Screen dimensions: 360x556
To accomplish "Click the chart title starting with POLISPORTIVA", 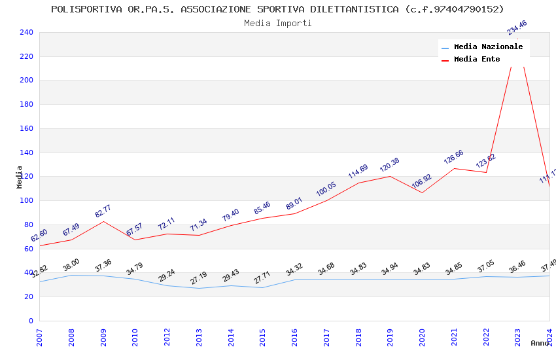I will [277, 9].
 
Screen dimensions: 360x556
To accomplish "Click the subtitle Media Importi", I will [277, 23].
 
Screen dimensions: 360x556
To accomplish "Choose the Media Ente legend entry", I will [477, 59].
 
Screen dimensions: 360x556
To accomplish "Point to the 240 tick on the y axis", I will [26, 32].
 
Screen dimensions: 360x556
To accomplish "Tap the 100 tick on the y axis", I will [26, 200].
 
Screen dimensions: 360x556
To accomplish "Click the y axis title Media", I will [20, 177].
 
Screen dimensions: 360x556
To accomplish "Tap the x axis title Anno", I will [540, 343].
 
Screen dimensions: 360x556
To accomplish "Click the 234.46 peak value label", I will [517, 27].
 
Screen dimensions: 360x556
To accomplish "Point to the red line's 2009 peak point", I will [103, 221].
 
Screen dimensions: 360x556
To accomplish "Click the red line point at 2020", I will [422, 192].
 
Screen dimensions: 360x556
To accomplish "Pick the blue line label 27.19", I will [198, 278].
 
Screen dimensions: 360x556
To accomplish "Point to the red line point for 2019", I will [390, 176].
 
